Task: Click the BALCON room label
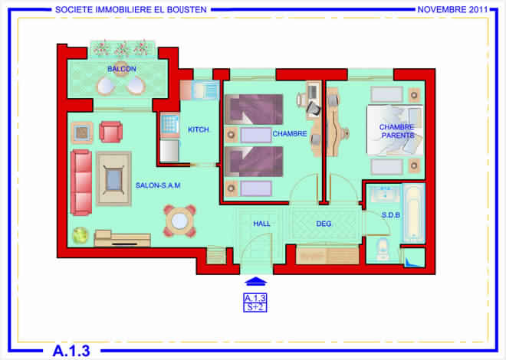point(122,69)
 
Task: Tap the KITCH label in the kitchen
point(199,129)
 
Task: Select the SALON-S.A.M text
point(158,185)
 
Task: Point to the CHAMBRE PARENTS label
point(397,131)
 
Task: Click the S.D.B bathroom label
point(391,215)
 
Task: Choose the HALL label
point(261,224)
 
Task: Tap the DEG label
point(324,224)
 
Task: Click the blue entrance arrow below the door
point(256,281)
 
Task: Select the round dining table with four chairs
point(179,221)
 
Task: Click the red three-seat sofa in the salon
point(81,182)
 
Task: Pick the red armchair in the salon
point(110,132)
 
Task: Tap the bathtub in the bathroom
point(413,213)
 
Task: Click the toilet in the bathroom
point(383,249)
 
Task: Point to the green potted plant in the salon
point(80,235)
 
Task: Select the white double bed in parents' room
point(395,130)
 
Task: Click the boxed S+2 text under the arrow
point(255,307)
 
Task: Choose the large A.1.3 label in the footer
point(71,351)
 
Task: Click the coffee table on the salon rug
point(113,178)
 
